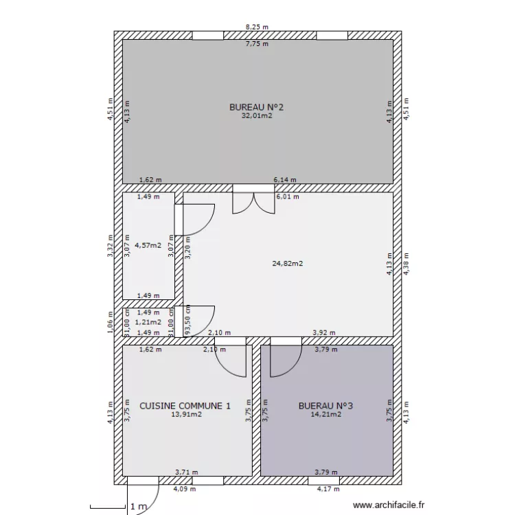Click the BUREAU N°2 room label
(256, 107)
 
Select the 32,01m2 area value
(256, 116)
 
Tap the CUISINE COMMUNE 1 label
(185, 406)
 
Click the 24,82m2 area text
(288, 263)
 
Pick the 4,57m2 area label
(148, 244)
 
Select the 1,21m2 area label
(148, 321)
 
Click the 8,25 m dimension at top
(257, 27)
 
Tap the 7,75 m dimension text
(257, 44)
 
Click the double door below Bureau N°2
(253, 201)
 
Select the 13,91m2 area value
(186, 415)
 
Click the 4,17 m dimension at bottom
(328, 489)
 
